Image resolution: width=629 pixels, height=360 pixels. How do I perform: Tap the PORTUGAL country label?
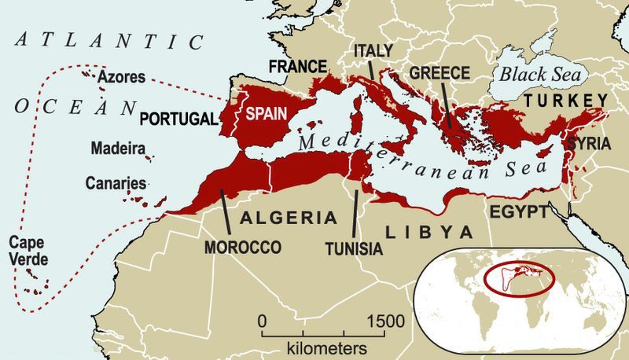coord(177,119)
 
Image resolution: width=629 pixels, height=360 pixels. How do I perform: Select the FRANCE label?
coord(298,67)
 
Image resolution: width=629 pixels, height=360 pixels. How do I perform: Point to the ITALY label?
coord(373,50)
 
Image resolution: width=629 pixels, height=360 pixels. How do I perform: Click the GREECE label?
coord(440,73)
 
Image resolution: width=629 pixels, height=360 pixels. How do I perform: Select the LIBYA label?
coord(429,232)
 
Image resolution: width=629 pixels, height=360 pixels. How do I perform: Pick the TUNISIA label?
coord(353,249)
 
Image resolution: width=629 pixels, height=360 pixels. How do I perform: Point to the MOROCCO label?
coord(243,248)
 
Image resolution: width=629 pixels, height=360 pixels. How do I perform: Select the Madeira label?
coord(116,148)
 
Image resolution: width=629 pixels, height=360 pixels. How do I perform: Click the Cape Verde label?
coord(25,250)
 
